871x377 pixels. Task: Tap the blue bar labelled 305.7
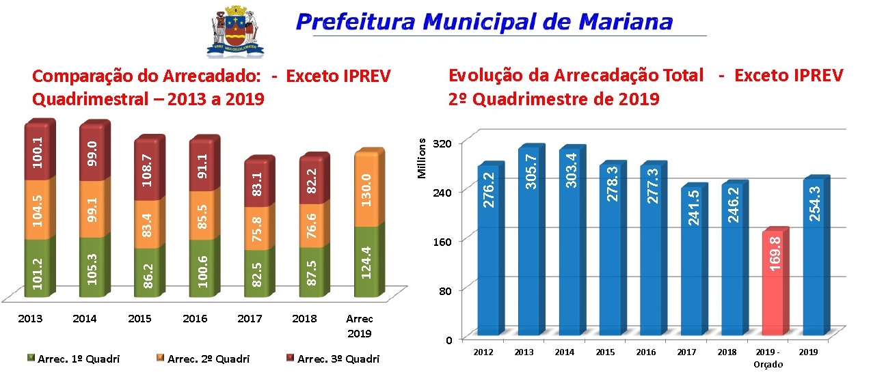pos(531,242)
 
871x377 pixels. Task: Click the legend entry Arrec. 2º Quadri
pos(204,359)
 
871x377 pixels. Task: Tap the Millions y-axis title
pos(422,159)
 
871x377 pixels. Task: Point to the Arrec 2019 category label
pos(359,326)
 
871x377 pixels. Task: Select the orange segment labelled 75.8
pos(257,225)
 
